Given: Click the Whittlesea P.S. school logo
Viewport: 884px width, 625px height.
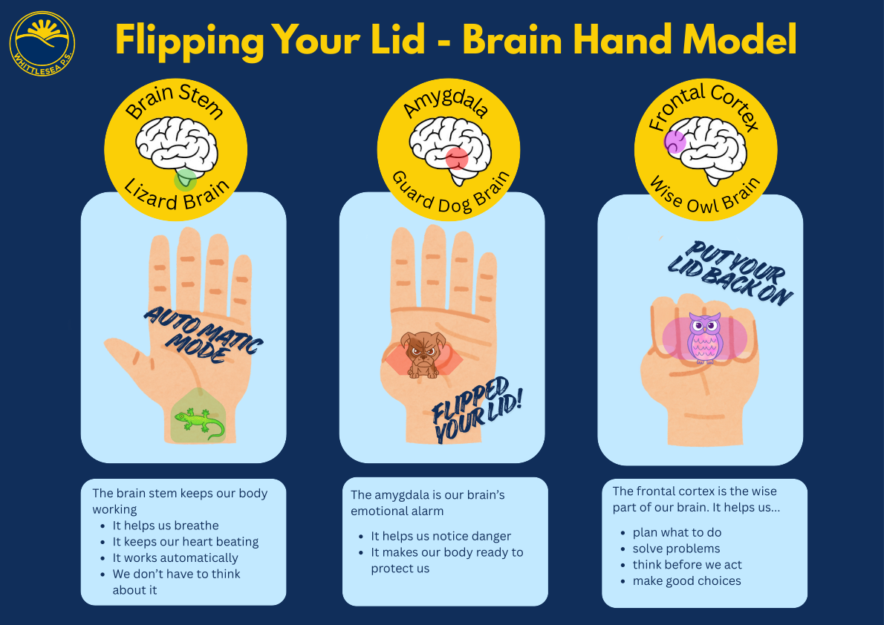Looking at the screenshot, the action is coord(42,43).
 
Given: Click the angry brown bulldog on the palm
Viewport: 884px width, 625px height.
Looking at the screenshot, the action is coord(423,354).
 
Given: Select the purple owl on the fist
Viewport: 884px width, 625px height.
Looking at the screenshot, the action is coord(705,338).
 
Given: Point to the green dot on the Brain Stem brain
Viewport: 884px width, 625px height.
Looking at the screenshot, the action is coord(185,180).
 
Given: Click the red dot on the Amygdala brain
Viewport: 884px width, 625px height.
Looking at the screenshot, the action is coord(457,158).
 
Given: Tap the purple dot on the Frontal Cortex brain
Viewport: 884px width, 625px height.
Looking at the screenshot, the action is coord(675,142).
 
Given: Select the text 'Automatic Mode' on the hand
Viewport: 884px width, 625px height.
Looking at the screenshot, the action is coord(203,335).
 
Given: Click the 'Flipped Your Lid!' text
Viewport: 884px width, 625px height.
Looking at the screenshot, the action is coord(477,410).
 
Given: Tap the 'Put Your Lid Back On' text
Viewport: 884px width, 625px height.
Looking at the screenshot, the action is coord(731,274).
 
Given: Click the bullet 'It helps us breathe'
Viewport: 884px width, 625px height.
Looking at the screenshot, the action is coord(165,526).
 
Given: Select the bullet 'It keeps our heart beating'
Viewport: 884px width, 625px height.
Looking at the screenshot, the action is coord(185,542).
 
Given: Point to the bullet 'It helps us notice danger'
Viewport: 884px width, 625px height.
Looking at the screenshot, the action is coord(441,536).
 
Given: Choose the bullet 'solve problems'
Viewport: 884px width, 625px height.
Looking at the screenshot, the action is coord(676,549).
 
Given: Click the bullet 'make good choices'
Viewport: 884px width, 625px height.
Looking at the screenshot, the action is coord(686,580).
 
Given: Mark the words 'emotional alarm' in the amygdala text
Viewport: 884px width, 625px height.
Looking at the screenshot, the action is coord(397,511).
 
